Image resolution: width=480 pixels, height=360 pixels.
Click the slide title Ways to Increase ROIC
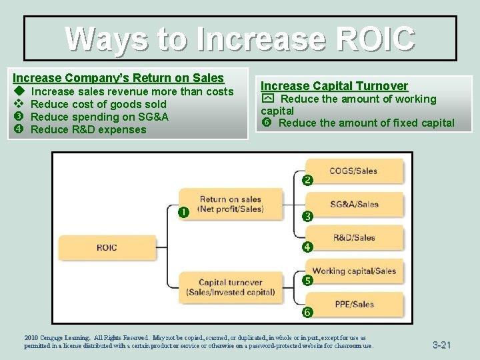click(240, 39)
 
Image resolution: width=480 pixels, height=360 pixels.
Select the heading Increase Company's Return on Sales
click(118, 77)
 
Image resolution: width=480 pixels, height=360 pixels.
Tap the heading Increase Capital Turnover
click(334, 86)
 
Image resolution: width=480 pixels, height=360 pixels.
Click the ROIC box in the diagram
click(107, 247)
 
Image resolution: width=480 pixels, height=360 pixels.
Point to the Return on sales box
click(231, 203)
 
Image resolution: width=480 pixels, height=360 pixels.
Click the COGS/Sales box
click(354, 171)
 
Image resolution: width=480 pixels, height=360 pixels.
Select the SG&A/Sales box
click(354, 204)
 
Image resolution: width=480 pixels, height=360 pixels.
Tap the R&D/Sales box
click(354, 237)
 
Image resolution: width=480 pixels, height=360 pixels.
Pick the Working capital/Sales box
click(354, 271)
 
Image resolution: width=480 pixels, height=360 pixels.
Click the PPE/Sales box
click(354, 304)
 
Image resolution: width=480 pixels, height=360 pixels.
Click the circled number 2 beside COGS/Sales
click(307, 181)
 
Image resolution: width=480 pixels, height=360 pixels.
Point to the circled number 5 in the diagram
click(307, 281)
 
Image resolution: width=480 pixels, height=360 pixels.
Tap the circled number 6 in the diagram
click(307, 312)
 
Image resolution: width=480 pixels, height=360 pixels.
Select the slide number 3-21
click(441, 345)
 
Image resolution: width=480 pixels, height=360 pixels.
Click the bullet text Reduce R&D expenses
click(88, 129)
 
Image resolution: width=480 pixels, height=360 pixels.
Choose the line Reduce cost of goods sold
click(99, 104)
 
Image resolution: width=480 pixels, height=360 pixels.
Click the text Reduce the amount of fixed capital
click(366, 123)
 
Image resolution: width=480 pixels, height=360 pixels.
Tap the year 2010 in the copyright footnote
click(33, 338)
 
